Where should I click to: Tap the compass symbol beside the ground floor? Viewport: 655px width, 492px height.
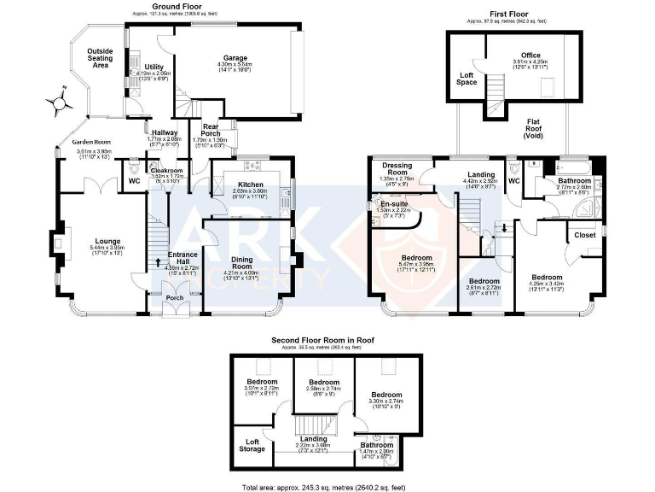click(x=59, y=102)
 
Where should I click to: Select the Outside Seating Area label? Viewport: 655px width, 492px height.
click(x=101, y=58)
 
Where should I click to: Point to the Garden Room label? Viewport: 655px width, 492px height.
click(x=92, y=143)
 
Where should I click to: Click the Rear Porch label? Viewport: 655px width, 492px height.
click(x=211, y=130)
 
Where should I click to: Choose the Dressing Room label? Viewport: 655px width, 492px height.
click(x=398, y=168)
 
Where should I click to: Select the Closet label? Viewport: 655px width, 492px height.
click(x=584, y=235)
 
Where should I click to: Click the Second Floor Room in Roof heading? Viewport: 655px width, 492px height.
click(x=327, y=340)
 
